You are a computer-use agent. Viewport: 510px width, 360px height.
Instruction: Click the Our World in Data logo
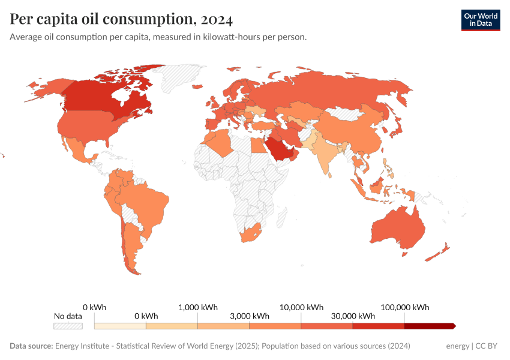point(480,20)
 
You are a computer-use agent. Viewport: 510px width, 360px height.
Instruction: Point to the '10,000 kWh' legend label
point(301,307)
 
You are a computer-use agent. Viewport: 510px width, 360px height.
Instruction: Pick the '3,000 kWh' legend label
point(249,316)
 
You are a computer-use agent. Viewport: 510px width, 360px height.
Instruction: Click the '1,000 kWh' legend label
point(198,307)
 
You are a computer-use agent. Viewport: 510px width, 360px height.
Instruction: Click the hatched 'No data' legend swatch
point(68,326)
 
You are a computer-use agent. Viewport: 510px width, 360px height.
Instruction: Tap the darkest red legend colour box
point(429,326)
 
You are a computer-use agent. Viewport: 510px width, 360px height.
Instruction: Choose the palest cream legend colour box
point(120,326)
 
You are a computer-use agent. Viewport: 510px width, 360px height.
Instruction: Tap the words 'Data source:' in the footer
point(31,346)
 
